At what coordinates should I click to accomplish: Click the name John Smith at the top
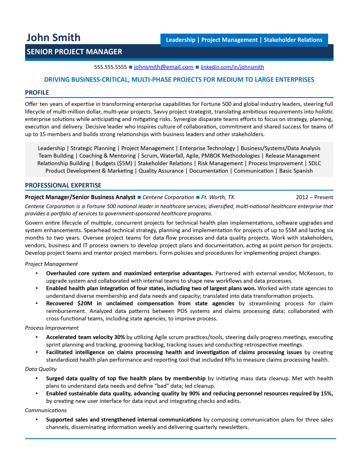(53, 38)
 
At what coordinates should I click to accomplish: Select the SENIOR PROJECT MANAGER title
(74, 52)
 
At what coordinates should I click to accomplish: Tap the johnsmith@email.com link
(163, 67)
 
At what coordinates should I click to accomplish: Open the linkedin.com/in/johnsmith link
(232, 67)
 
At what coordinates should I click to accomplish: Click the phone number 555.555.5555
(110, 67)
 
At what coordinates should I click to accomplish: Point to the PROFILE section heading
(37, 93)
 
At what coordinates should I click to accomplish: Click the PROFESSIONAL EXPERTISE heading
(63, 185)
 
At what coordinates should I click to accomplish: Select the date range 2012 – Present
(314, 197)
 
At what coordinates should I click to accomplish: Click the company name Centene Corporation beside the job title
(168, 197)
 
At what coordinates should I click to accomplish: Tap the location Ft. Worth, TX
(217, 197)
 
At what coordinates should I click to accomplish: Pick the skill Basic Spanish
(296, 171)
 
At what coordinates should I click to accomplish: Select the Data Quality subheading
(41, 369)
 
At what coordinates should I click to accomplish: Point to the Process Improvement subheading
(52, 328)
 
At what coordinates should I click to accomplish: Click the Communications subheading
(46, 410)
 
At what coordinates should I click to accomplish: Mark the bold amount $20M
(85, 303)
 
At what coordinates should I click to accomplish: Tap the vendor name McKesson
(311, 273)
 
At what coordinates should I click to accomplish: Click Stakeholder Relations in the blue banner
(293, 40)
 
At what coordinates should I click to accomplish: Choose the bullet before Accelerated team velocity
(37, 337)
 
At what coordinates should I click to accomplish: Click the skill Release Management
(292, 156)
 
